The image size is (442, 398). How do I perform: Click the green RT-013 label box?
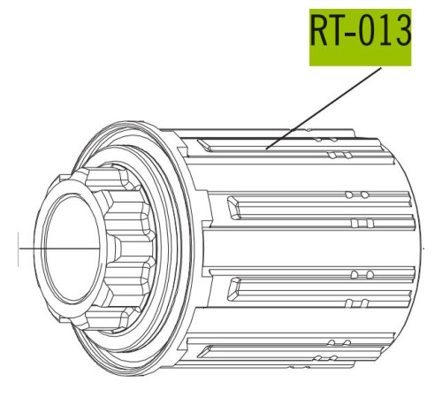click(360, 37)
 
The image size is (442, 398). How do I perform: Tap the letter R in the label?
click(319, 31)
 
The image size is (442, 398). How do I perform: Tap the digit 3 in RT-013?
click(401, 31)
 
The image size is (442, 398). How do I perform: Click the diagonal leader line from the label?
click(324, 109)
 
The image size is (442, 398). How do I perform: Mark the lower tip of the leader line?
click(265, 149)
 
